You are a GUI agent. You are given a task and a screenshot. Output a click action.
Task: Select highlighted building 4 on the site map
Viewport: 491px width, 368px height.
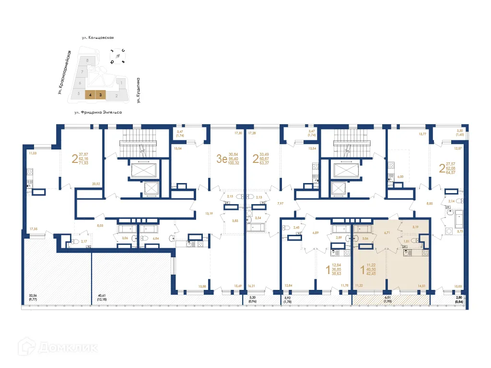(x=90, y=95)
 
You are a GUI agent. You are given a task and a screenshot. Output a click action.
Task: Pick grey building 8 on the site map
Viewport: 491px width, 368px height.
(x=87, y=61)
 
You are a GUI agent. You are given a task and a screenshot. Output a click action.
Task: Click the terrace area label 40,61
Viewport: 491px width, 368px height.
(x=101, y=296)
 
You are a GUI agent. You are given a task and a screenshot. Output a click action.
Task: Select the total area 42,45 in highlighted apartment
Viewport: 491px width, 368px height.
(x=371, y=275)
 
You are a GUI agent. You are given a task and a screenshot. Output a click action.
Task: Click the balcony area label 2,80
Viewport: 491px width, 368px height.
(x=459, y=298)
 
